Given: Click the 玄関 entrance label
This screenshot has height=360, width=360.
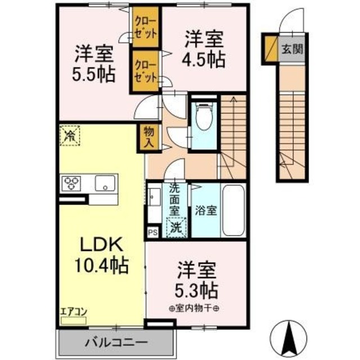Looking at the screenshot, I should (x=291, y=49).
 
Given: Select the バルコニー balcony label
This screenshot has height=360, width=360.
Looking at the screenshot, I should (x=116, y=341).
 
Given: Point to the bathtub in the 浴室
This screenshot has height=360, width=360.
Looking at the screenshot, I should (x=233, y=211).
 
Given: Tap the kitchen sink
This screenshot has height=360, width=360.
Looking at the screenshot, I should (x=105, y=183).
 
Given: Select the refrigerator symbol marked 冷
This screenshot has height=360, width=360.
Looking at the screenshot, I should (x=70, y=135).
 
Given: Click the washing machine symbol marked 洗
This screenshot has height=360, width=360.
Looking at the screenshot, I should (x=177, y=228).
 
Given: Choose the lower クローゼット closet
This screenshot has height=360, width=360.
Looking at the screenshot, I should (x=145, y=71).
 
